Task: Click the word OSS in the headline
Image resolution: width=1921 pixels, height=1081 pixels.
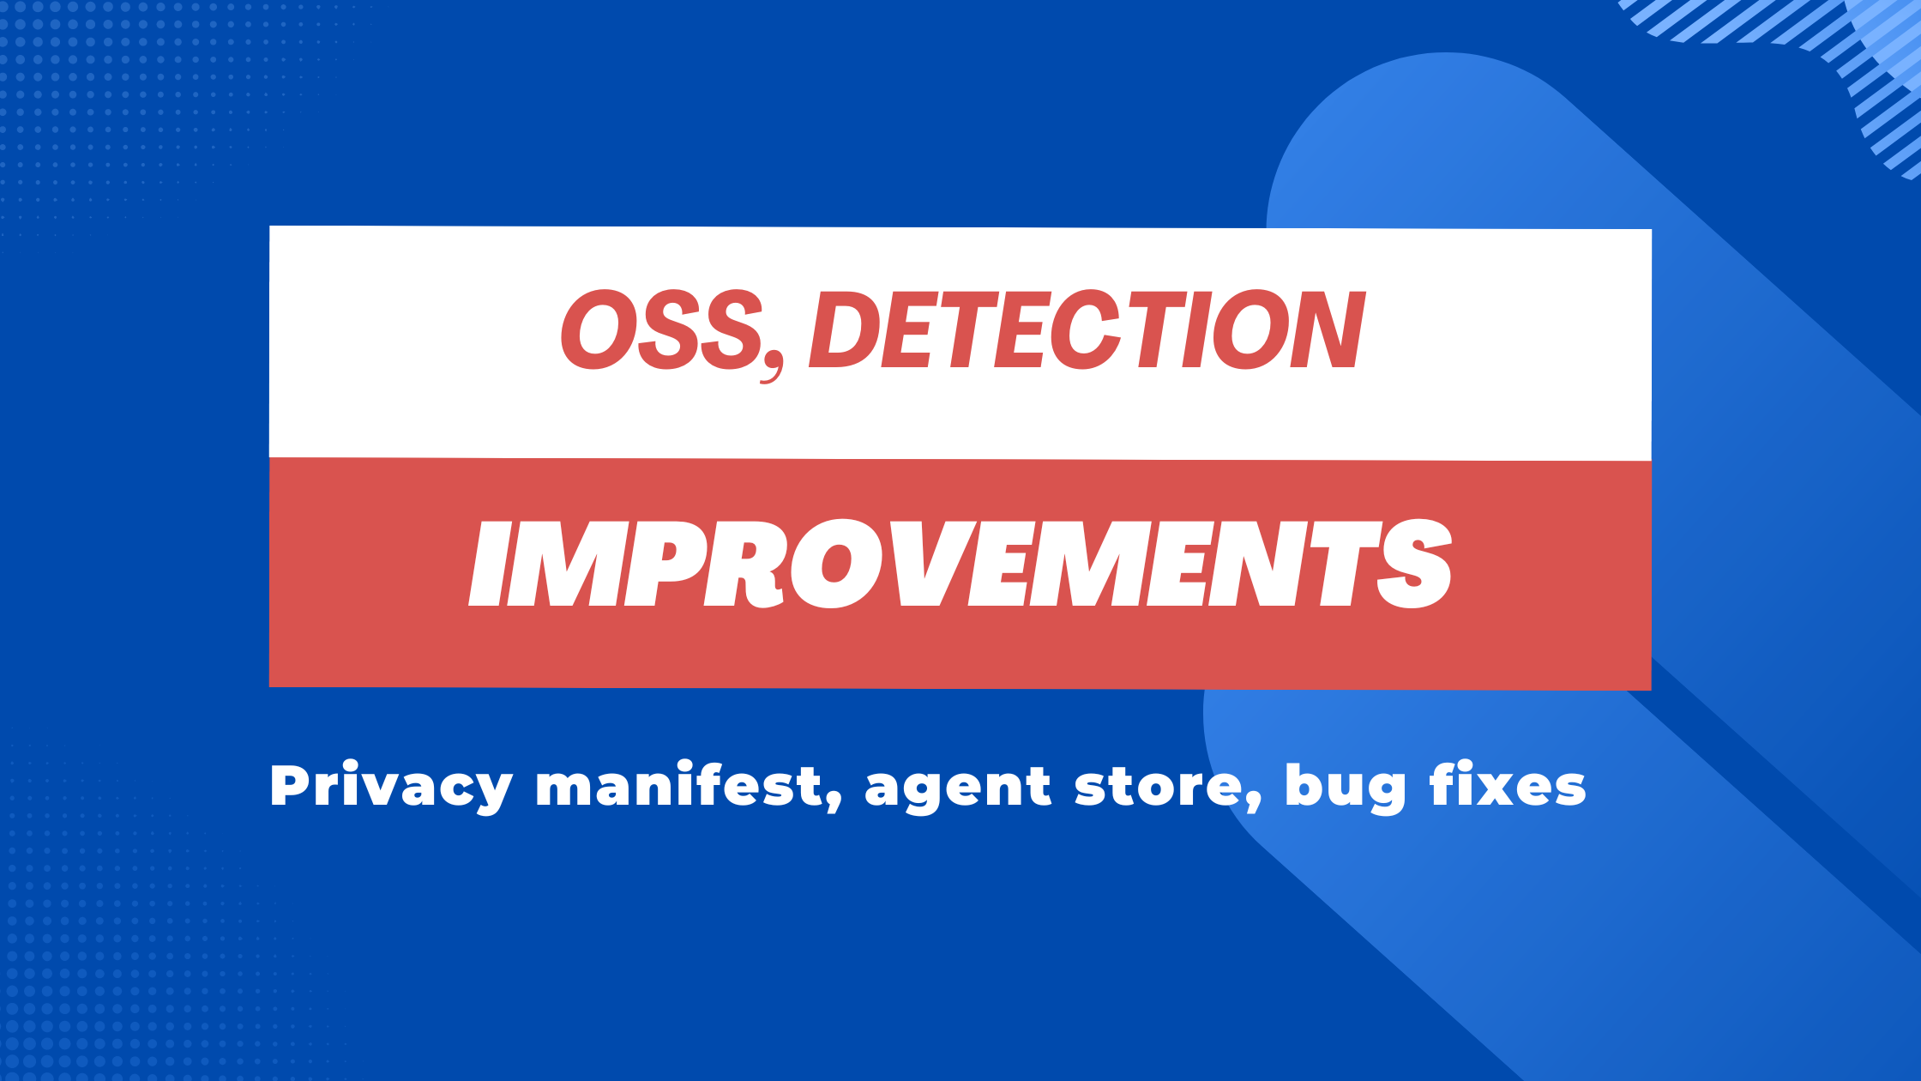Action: [661, 329]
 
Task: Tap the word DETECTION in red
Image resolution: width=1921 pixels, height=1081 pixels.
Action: [1086, 330]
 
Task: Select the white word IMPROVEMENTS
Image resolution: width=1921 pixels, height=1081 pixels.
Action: [960, 564]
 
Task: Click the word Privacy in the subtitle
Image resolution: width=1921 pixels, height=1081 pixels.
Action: [391, 787]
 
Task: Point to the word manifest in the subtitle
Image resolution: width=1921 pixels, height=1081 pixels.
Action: [678, 783]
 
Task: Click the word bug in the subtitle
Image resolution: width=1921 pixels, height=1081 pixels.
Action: [1346, 788]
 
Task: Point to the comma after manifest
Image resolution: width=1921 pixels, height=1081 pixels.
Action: [833, 801]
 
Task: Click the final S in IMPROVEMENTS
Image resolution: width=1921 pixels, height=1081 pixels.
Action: [1413, 564]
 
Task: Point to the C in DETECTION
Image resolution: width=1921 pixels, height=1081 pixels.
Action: [1087, 330]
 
